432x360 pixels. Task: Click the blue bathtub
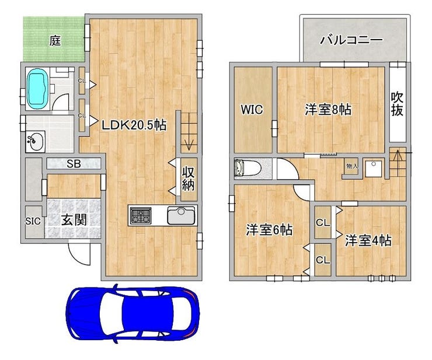[37, 89]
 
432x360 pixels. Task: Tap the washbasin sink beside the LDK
[35, 142]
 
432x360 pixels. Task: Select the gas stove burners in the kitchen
[141, 216]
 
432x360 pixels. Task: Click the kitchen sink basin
[182, 215]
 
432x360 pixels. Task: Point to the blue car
[133, 313]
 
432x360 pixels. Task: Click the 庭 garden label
[55, 41]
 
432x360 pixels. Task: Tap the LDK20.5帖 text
[134, 125]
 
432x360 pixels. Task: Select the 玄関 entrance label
[74, 220]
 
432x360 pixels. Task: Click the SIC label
[33, 221]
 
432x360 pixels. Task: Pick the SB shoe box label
[74, 164]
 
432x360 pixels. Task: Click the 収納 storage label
[188, 179]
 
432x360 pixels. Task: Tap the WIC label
[252, 110]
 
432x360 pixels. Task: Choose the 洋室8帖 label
[328, 110]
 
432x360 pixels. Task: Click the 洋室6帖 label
[269, 230]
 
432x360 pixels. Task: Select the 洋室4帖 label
[368, 240]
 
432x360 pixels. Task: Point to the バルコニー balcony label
[351, 40]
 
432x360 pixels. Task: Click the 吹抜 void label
[397, 103]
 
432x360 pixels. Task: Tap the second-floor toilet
[247, 168]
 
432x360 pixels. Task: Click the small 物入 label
[352, 166]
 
